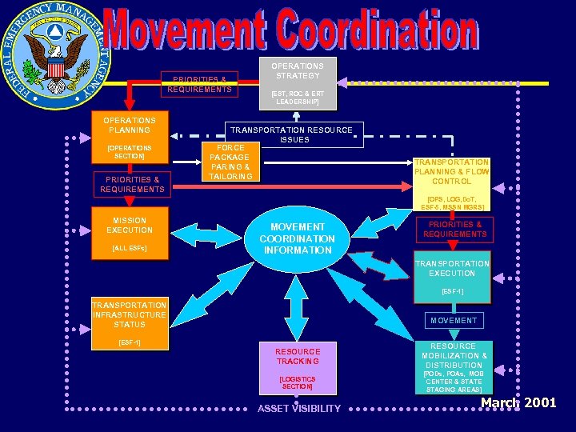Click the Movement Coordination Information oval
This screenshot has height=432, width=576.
(297, 238)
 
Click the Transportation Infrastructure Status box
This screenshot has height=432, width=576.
(130, 323)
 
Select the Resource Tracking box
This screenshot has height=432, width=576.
(298, 367)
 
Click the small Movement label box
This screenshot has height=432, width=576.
(454, 320)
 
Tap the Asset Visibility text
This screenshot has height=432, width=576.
(298, 409)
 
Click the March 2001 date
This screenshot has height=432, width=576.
(518, 402)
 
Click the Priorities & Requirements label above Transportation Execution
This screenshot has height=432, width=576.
(454, 230)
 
